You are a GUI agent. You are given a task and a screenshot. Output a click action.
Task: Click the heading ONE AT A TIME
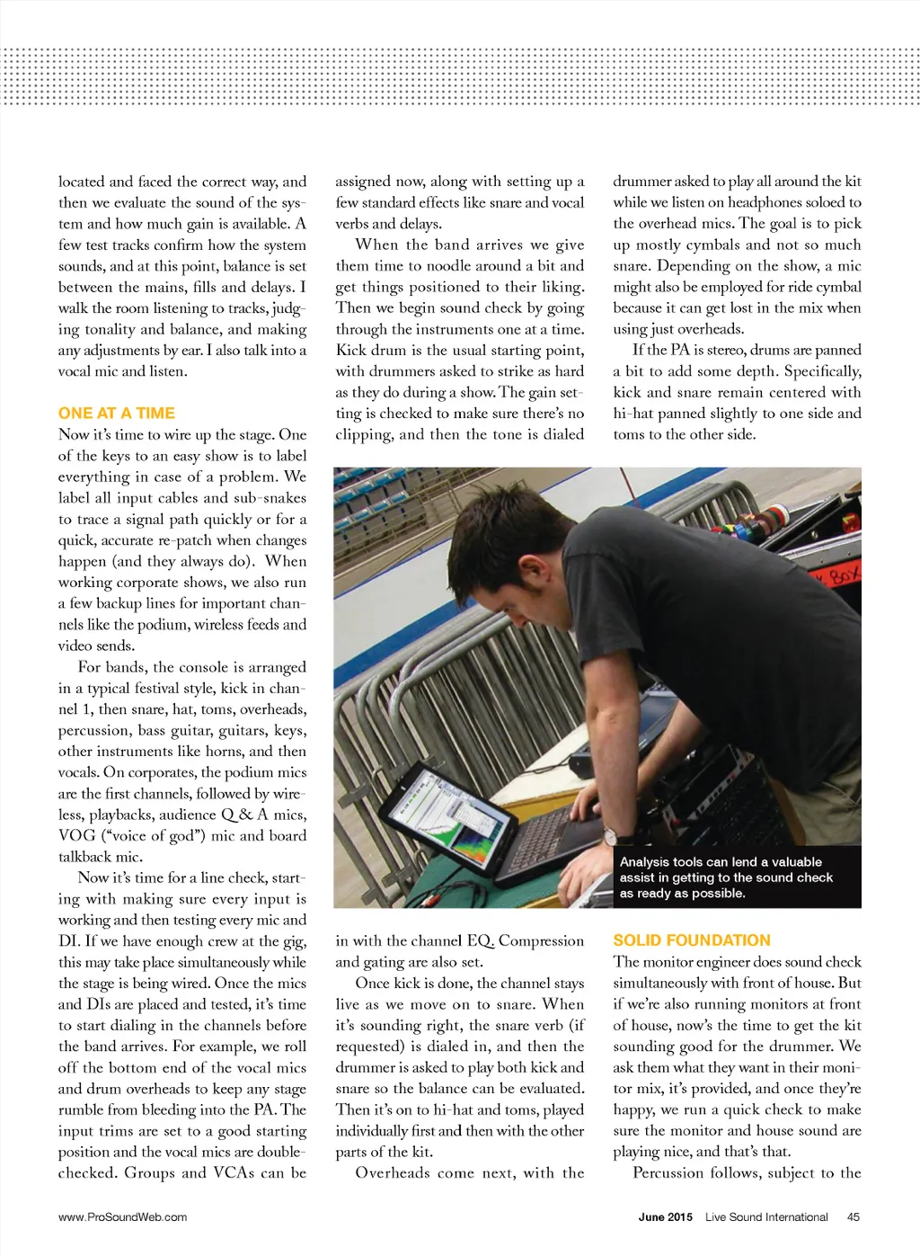117,413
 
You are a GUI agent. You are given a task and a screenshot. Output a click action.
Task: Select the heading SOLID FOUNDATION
692,940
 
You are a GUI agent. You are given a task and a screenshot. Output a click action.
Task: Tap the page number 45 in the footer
853,1217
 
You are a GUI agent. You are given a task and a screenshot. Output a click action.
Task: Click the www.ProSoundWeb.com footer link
123,1217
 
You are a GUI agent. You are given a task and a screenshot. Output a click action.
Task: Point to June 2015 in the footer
665,1217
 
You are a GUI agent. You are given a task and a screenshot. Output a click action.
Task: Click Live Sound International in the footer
766,1217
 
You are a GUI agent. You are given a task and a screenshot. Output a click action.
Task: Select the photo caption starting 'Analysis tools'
726,877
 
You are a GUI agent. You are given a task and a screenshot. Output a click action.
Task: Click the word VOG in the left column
76,835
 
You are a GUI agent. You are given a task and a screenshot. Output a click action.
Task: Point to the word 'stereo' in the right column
718,350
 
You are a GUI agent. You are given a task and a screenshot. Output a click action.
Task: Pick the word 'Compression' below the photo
541,940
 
